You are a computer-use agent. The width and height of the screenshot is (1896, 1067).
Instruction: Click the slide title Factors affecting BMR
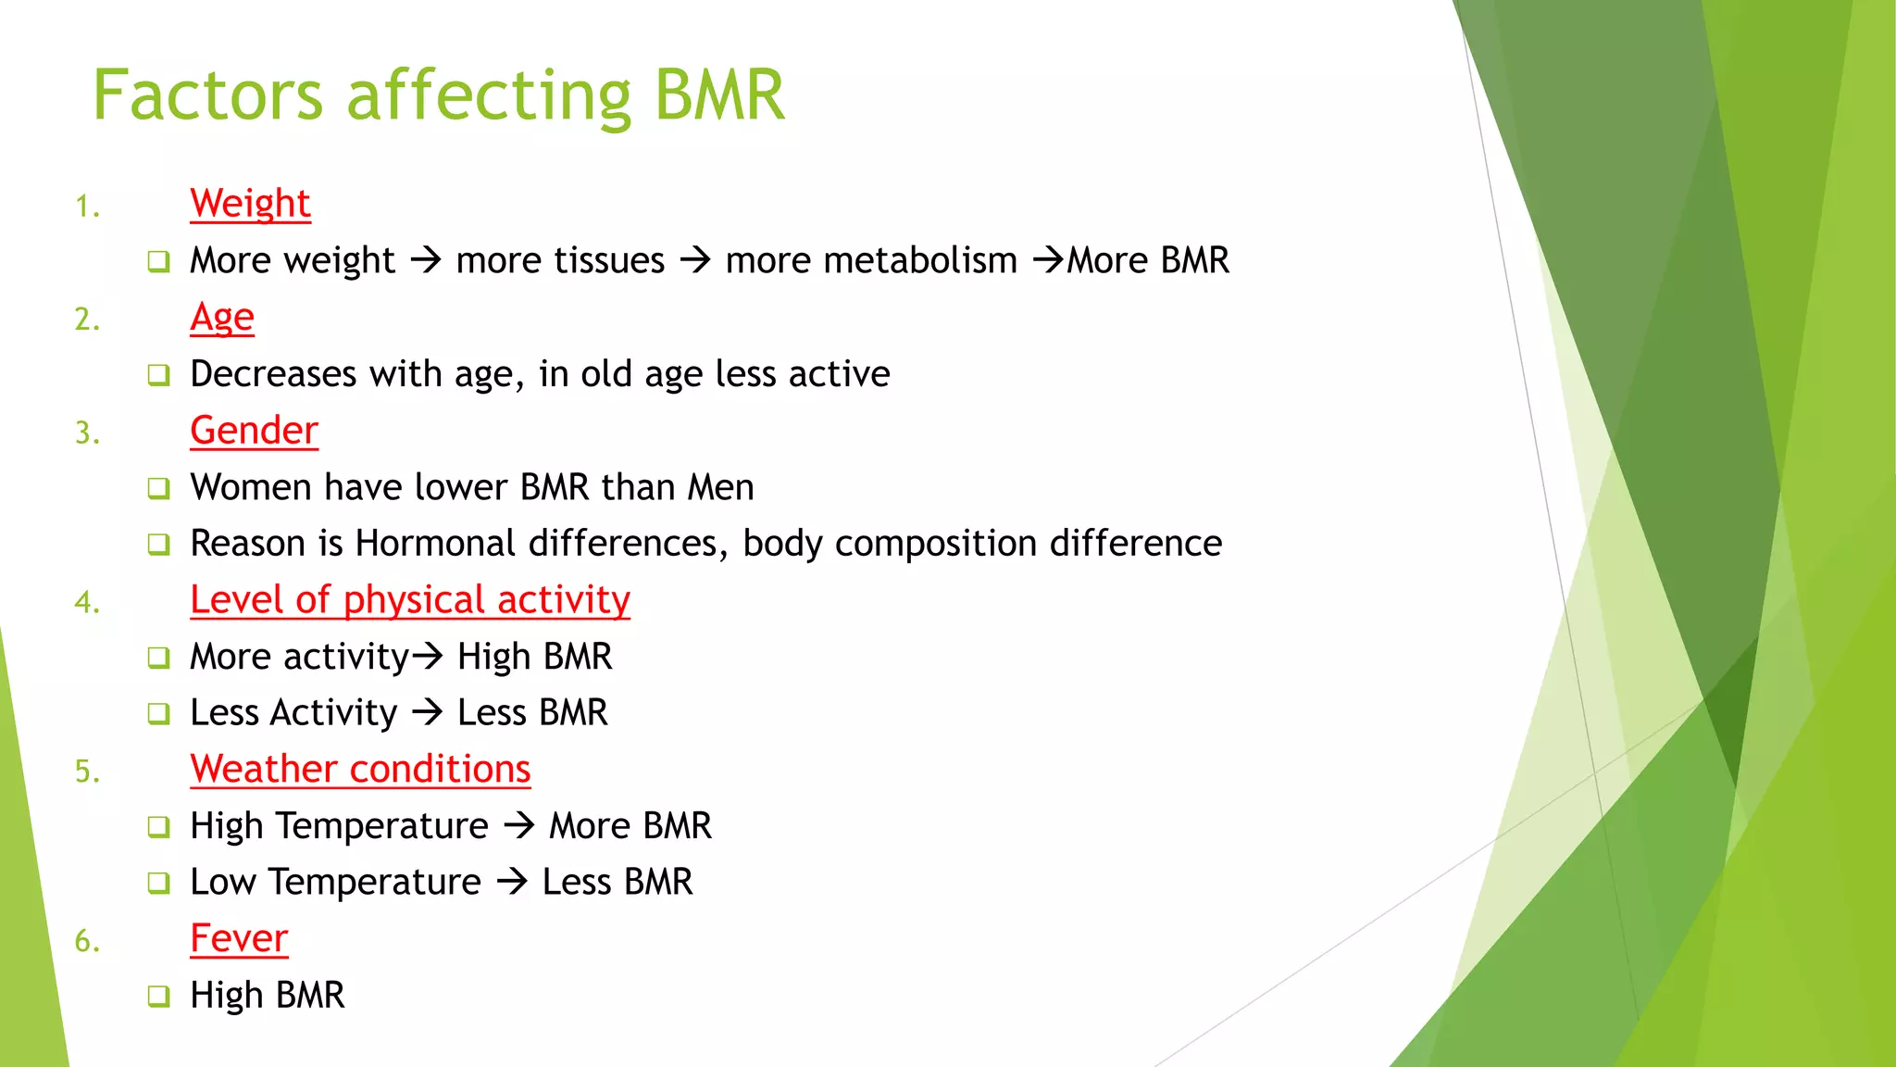pos(439,95)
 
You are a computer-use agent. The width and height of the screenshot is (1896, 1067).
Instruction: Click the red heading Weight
pos(250,203)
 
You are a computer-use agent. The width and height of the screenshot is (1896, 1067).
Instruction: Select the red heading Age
pos(221,317)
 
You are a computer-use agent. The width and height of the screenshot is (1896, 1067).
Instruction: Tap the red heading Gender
pos(254,431)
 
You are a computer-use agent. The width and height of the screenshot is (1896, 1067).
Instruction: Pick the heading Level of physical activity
pos(409,600)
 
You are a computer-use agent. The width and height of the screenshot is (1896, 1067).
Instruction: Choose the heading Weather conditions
pos(360,770)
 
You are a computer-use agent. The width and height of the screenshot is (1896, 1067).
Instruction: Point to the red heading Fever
pos(239,939)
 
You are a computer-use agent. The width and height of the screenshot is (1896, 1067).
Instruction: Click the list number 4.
pos(87,603)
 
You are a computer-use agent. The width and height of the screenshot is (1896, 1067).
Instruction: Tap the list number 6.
pos(87,942)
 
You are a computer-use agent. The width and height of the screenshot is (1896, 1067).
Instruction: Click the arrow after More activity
pos(428,657)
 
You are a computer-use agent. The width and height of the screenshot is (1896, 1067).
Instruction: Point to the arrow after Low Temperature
pos(512,881)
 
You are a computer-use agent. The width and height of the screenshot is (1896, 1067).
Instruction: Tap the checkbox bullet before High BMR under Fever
pos(159,997)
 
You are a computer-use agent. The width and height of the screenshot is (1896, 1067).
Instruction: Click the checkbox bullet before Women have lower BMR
pos(159,488)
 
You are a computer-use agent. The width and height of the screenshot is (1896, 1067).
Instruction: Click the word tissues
pos(560,260)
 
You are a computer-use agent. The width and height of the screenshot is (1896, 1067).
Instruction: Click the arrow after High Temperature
pos(519,824)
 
